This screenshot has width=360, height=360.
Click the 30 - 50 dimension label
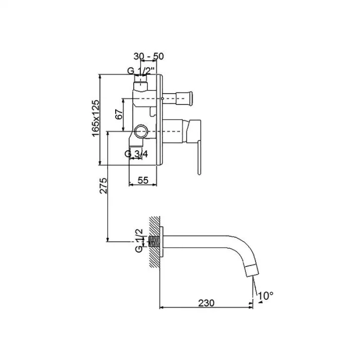pyautogui.click(x=149, y=56)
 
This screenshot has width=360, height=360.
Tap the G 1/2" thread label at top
pyautogui.click(x=142, y=71)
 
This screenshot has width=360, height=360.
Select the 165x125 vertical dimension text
pyautogui.click(x=96, y=118)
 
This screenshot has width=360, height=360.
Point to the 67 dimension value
pyautogui.click(x=119, y=114)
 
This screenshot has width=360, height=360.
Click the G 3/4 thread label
pyautogui.click(x=136, y=154)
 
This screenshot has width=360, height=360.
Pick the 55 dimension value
pyautogui.click(x=143, y=180)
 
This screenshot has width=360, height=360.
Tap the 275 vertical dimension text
pyautogui.click(x=103, y=186)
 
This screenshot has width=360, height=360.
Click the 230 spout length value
pyautogui.click(x=206, y=303)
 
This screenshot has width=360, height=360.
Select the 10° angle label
pyautogui.click(x=266, y=296)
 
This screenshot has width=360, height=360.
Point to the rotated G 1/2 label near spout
pyautogui.click(x=139, y=240)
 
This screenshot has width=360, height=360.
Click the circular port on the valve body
pyautogui.click(x=141, y=131)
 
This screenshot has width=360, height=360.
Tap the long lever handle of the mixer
pyautogui.click(x=199, y=158)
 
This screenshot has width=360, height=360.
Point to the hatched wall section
pyautogui.click(x=154, y=242)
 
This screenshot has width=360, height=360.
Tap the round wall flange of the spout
pyautogui.click(x=161, y=242)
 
